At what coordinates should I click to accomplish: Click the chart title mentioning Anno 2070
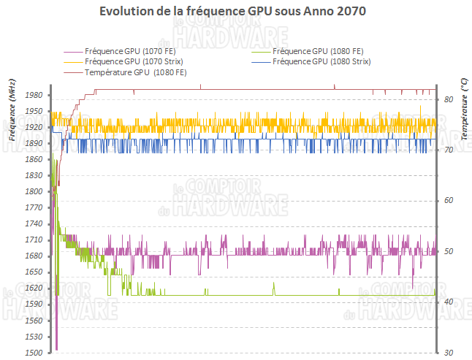(235, 12)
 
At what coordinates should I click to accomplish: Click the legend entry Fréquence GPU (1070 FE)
(121, 51)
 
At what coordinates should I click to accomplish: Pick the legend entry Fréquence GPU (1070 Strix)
(124, 62)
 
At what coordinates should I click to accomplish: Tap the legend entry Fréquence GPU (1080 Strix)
(321, 62)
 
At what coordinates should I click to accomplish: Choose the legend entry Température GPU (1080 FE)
(135, 73)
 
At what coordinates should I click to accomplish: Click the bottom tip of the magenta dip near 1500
(56, 350)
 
